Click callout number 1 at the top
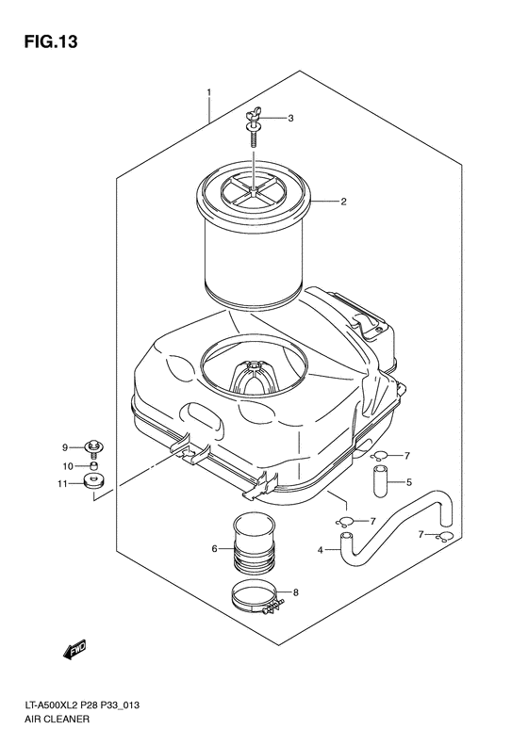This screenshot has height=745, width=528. pos(209,92)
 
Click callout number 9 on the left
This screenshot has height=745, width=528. pos(66,446)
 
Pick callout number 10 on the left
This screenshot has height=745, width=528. pos(67,465)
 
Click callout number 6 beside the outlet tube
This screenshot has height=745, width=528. pos(215,548)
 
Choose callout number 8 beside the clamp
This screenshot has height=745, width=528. pos(295,592)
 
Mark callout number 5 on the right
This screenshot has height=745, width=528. pos(409,483)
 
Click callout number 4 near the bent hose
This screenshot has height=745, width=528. pos(320,549)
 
